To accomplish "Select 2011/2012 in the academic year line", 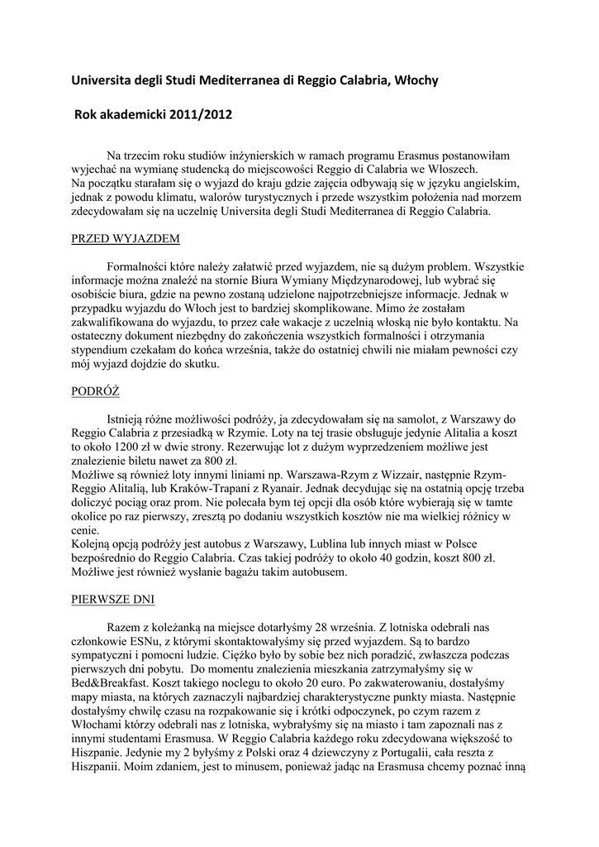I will pos(202,115).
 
